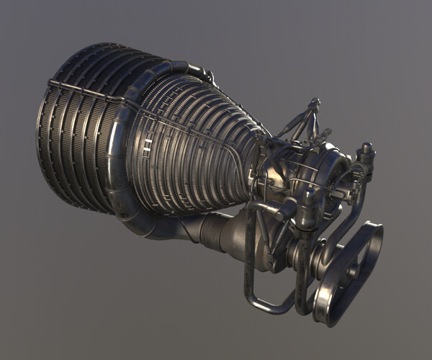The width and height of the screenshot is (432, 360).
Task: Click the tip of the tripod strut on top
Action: [313, 102]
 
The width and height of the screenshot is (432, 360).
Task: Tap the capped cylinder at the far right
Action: [366, 153]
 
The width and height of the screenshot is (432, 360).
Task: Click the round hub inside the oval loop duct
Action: [353, 274]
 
